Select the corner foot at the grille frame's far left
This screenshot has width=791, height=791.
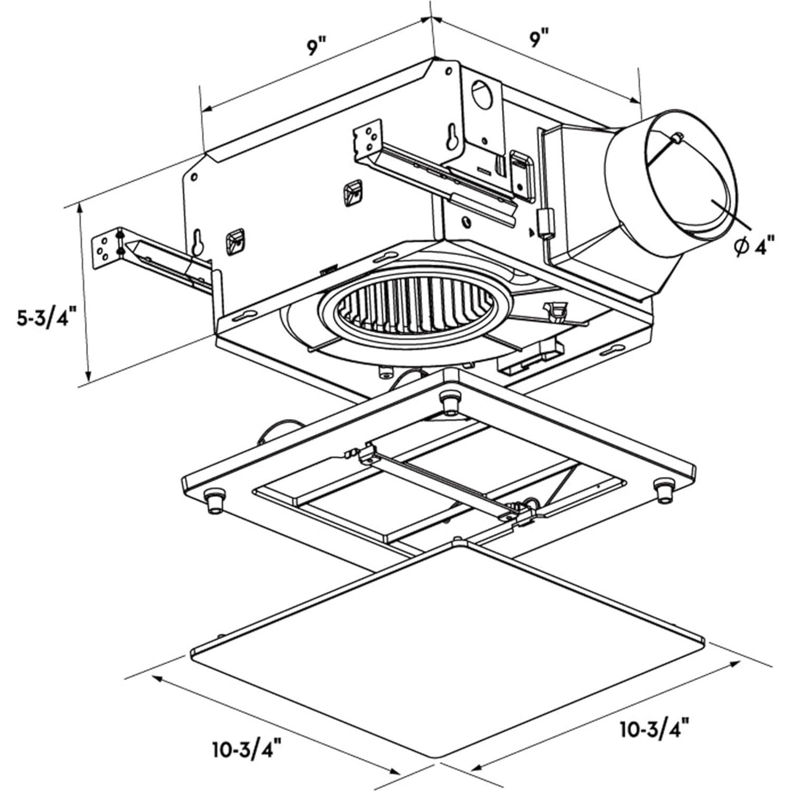point(214,500)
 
